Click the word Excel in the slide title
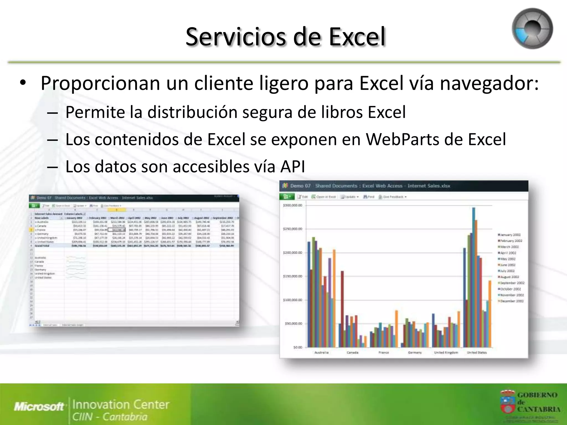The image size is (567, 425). pyautogui.click(x=357, y=37)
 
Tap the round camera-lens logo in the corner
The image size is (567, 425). pyautogui.click(x=532, y=29)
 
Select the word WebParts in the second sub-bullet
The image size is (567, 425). pyautogui.click(x=402, y=139)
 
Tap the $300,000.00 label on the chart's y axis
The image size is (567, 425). pyautogui.click(x=292, y=205)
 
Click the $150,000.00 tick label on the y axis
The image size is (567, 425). pyautogui.click(x=292, y=276)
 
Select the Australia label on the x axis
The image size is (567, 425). pyautogui.click(x=321, y=353)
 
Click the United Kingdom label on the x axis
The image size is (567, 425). pyautogui.click(x=446, y=353)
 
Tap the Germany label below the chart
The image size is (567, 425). pyautogui.click(x=415, y=353)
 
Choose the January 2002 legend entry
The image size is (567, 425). pyautogui.click(x=510, y=235)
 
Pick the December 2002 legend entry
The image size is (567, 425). pyautogui.click(x=512, y=301)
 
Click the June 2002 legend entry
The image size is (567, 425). pyautogui.click(x=509, y=265)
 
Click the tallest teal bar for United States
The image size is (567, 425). pyautogui.click(x=474, y=277)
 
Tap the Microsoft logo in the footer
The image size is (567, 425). pyautogui.click(x=39, y=406)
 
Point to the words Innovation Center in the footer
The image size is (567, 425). pyautogui.click(x=121, y=405)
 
